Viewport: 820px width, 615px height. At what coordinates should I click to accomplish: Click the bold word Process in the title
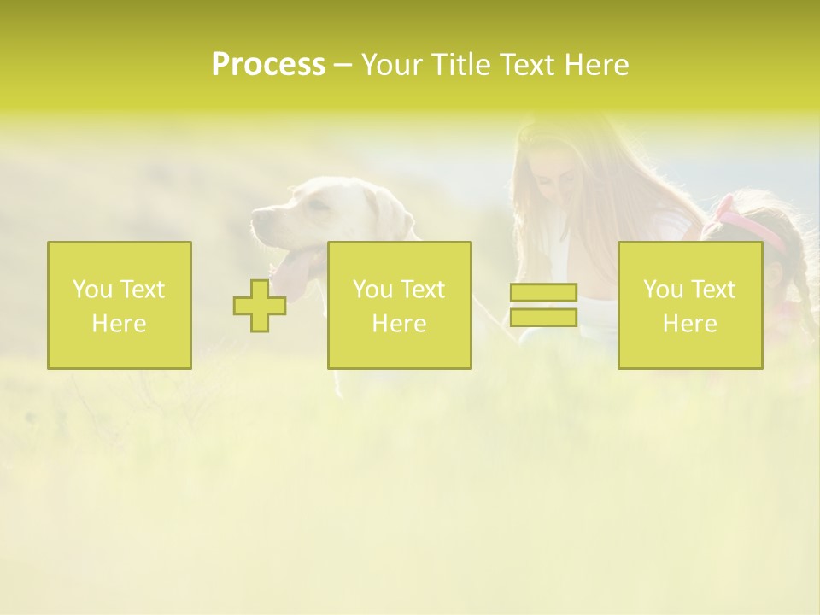click(x=268, y=65)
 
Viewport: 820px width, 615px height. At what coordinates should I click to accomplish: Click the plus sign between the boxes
click(x=260, y=306)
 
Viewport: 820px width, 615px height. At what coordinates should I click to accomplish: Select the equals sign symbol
click(x=543, y=305)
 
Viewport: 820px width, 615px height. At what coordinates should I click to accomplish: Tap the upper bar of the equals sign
click(x=543, y=293)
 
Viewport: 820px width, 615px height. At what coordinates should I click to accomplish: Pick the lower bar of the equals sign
click(x=543, y=318)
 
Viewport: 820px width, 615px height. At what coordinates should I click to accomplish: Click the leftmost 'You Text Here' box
click(x=120, y=305)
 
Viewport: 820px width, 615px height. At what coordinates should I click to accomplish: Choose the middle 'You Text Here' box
click(x=399, y=305)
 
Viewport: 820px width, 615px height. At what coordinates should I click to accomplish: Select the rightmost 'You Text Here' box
click(x=690, y=305)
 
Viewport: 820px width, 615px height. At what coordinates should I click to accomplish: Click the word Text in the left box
click(x=142, y=290)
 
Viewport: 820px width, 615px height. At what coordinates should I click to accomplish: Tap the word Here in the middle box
click(x=399, y=324)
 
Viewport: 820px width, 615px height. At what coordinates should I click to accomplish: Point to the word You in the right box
click(x=663, y=290)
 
